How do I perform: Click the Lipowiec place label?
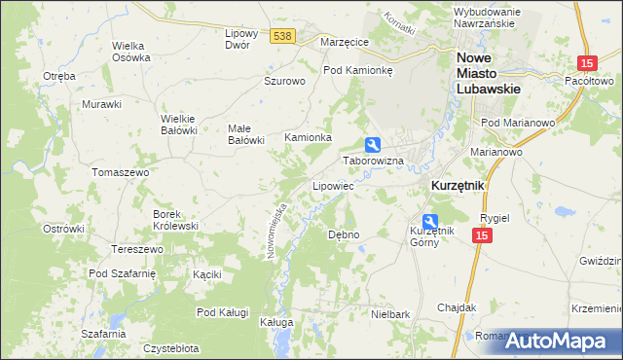(x=332, y=185)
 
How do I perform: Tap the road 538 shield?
(x=282, y=36)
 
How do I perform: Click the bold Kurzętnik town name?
(x=458, y=185)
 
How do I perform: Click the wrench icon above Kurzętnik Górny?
(x=430, y=222)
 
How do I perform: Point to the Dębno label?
(x=344, y=234)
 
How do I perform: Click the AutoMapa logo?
(x=560, y=341)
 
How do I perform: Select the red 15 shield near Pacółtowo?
(x=586, y=63)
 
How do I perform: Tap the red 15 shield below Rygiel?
(x=482, y=235)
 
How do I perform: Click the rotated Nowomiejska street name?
(x=275, y=230)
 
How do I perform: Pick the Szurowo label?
(x=285, y=81)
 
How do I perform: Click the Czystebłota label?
(x=170, y=347)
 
